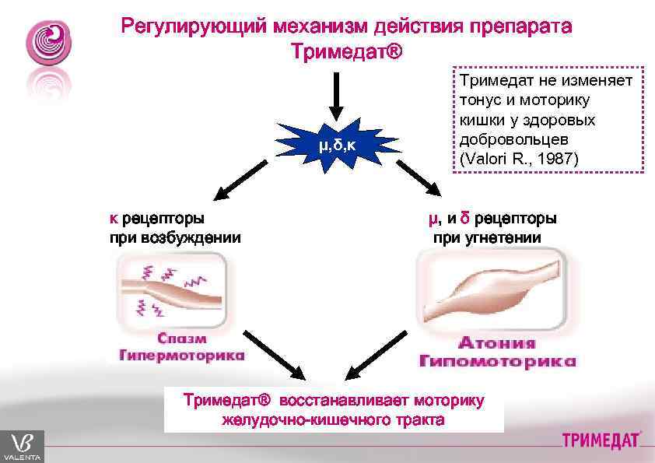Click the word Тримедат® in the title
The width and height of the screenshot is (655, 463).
(x=347, y=52)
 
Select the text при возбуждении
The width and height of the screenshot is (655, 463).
(x=175, y=237)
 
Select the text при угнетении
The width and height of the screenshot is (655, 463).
(x=487, y=237)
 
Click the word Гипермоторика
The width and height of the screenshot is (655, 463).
(x=181, y=356)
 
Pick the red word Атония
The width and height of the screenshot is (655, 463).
(x=496, y=343)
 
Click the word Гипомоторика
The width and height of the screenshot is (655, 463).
(x=498, y=361)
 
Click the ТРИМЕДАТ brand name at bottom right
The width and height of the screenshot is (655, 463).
(x=601, y=440)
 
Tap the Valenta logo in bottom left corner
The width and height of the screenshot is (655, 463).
(x=21, y=446)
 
